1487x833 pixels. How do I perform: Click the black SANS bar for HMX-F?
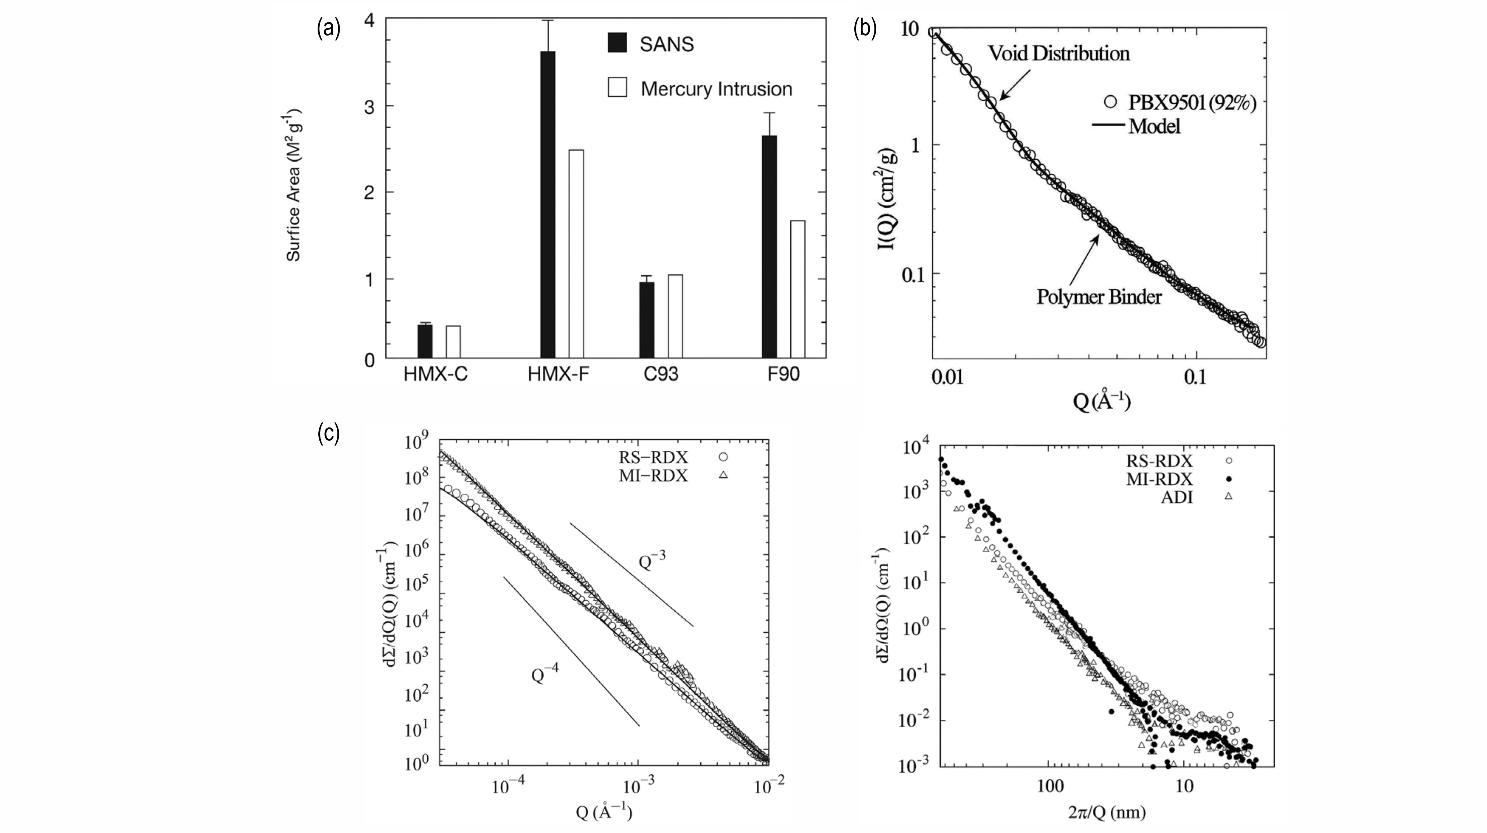coord(547,205)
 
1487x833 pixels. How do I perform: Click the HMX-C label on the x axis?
coord(435,375)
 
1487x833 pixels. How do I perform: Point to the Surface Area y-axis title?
coord(294,185)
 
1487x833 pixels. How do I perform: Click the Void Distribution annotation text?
coord(1059,54)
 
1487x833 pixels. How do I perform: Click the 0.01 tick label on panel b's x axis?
coord(947,377)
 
